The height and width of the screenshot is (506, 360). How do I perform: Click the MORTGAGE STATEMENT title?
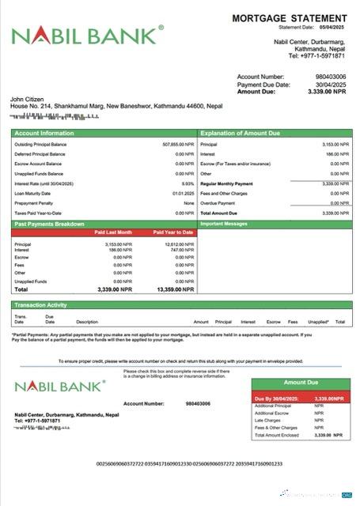(289, 17)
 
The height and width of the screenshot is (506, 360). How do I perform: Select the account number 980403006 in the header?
(332, 77)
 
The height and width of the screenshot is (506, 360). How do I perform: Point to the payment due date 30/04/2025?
(331, 85)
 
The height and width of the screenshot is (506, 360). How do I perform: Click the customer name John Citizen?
(26, 99)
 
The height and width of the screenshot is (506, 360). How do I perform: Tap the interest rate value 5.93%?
(188, 183)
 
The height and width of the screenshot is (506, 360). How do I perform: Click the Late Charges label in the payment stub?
(267, 420)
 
